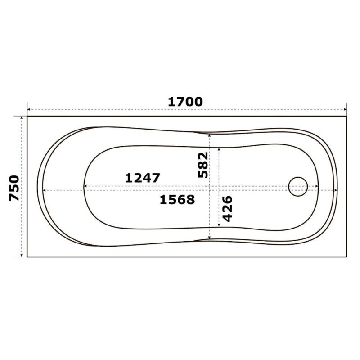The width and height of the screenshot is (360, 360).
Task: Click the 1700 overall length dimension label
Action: [185, 102]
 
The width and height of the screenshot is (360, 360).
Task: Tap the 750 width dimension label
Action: [14, 188]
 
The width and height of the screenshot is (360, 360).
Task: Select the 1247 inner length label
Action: [142, 178]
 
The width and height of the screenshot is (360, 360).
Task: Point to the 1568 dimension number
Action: [177, 199]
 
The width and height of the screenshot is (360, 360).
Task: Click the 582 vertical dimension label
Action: [203, 165]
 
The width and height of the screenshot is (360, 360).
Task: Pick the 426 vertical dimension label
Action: [228, 209]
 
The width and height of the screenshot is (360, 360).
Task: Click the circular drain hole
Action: [298, 187]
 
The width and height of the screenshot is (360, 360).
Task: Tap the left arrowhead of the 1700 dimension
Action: [29, 110]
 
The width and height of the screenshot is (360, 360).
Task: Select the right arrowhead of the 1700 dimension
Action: [345, 110]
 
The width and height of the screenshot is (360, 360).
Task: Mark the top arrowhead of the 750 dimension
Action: [22, 118]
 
